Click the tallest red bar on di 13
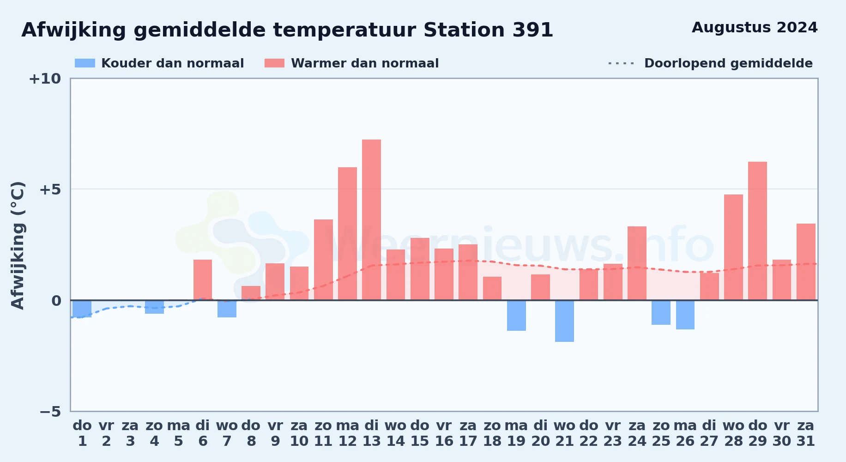(371, 220)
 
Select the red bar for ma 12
(347, 234)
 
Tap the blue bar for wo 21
(564, 321)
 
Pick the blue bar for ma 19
(516, 316)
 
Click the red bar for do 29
(757, 231)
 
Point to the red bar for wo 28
(733, 247)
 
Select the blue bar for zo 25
(661, 312)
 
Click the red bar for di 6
(203, 280)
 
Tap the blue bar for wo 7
(227, 309)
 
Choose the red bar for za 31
(806, 262)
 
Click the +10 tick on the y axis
(45, 79)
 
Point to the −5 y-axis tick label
(50, 411)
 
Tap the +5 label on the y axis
(50, 189)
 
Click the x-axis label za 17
(468, 433)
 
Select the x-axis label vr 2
(106, 433)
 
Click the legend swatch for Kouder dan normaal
(85, 63)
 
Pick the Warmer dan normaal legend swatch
(274, 63)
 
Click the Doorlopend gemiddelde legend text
(728, 63)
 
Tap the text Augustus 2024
(755, 28)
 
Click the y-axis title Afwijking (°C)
(18, 245)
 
